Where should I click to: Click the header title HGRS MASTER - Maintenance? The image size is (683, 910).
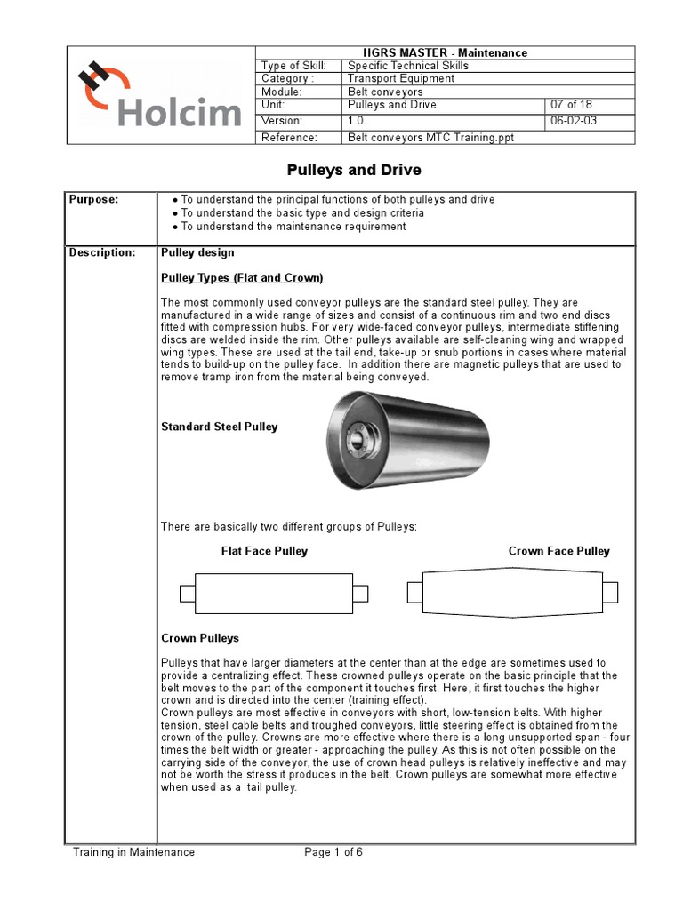pyautogui.click(x=445, y=52)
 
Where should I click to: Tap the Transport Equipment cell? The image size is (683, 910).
pyautogui.click(x=400, y=78)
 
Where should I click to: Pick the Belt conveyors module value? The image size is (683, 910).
pyautogui.click(x=385, y=92)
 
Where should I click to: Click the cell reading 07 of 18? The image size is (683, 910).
pyautogui.click(x=573, y=105)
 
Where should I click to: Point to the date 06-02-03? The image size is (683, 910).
pyautogui.click(x=575, y=120)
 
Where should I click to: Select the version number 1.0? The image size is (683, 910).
pyautogui.click(x=356, y=120)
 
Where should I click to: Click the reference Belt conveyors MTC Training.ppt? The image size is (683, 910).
pyautogui.click(x=430, y=138)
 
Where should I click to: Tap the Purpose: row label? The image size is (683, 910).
pyautogui.click(x=93, y=200)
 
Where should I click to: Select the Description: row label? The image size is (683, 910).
pyautogui.click(x=103, y=253)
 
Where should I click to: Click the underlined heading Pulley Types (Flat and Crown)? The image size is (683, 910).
pyautogui.click(x=242, y=278)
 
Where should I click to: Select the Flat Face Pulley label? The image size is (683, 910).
pyautogui.click(x=264, y=551)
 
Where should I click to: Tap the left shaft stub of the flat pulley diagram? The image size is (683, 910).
pyautogui.click(x=187, y=593)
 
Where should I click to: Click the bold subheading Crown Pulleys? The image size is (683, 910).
pyautogui.click(x=199, y=638)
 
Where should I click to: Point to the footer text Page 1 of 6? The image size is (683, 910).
pyautogui.click(x=333, y=852)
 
